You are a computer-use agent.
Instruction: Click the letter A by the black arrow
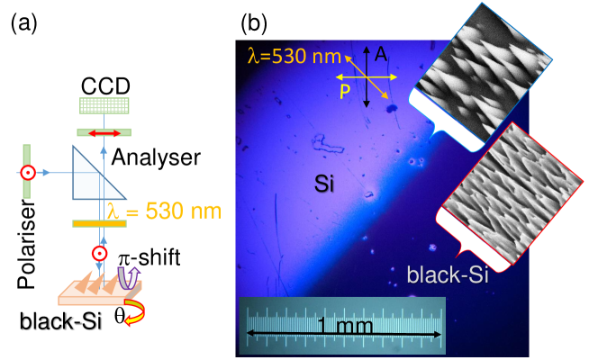(382, 56)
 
